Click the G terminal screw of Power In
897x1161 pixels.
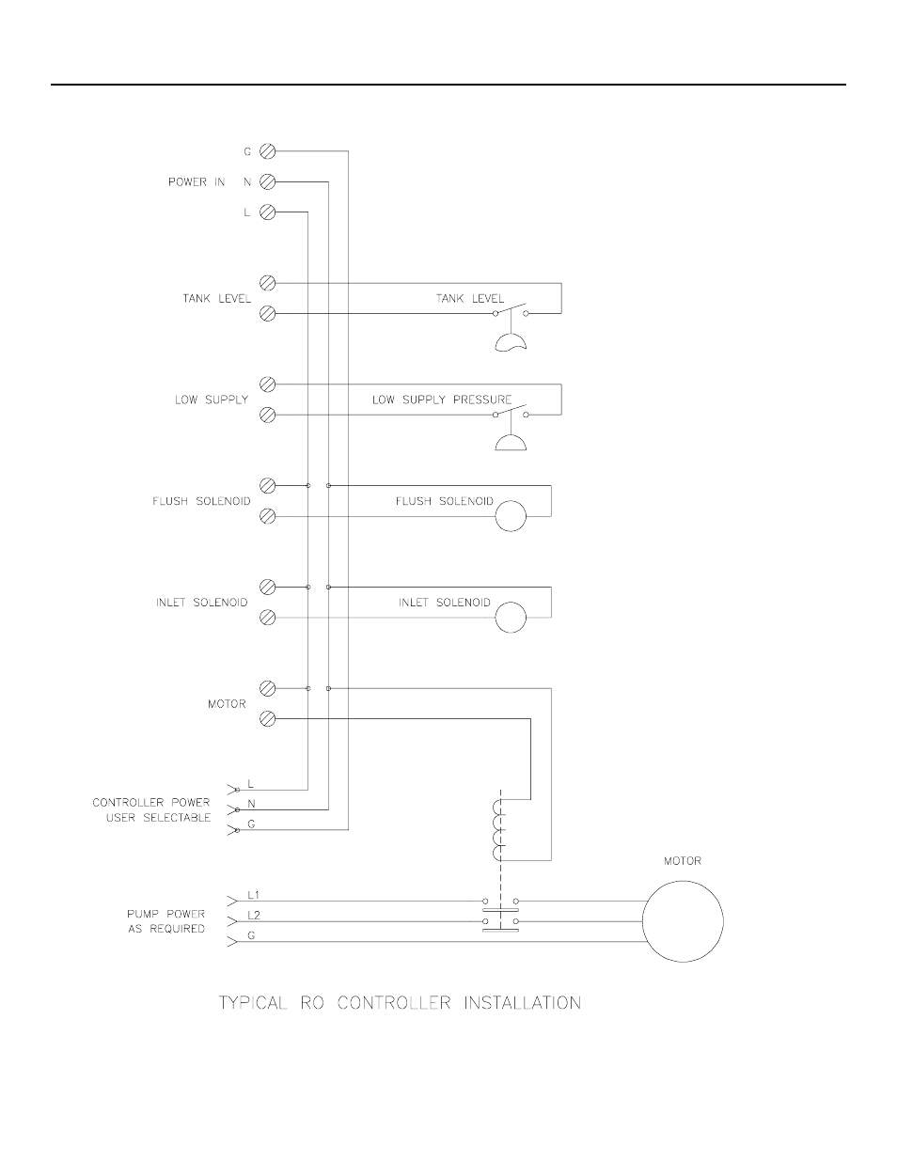click(x=267, y=151)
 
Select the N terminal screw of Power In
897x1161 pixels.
click(x=267, y=181)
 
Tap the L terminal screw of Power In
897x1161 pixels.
click(x=267, y=212)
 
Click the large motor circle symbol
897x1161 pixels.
click(x=683, y=921)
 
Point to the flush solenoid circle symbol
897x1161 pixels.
click(x=511, y=516)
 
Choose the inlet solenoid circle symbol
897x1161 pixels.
click(x=511, y=618)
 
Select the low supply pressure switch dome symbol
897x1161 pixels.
click(x=511, y=442)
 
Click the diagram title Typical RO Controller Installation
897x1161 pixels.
click(x=400, y=1003)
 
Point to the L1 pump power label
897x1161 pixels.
click(x=254, y=895)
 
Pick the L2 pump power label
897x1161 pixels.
click(x=254, y=914)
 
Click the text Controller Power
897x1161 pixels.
click(x=151, y=803)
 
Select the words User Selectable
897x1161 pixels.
click(x=158, y=818)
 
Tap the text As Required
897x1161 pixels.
click(x=166, y=929)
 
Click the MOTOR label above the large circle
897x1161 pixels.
click(x=683, y=861)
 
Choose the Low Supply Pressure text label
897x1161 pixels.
click(x=442, y=400)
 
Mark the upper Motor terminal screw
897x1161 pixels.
click(x=267, y=689)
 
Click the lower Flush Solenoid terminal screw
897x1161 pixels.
click(x=267, y=516)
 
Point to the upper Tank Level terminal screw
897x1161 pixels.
click(x=267, y=283)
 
